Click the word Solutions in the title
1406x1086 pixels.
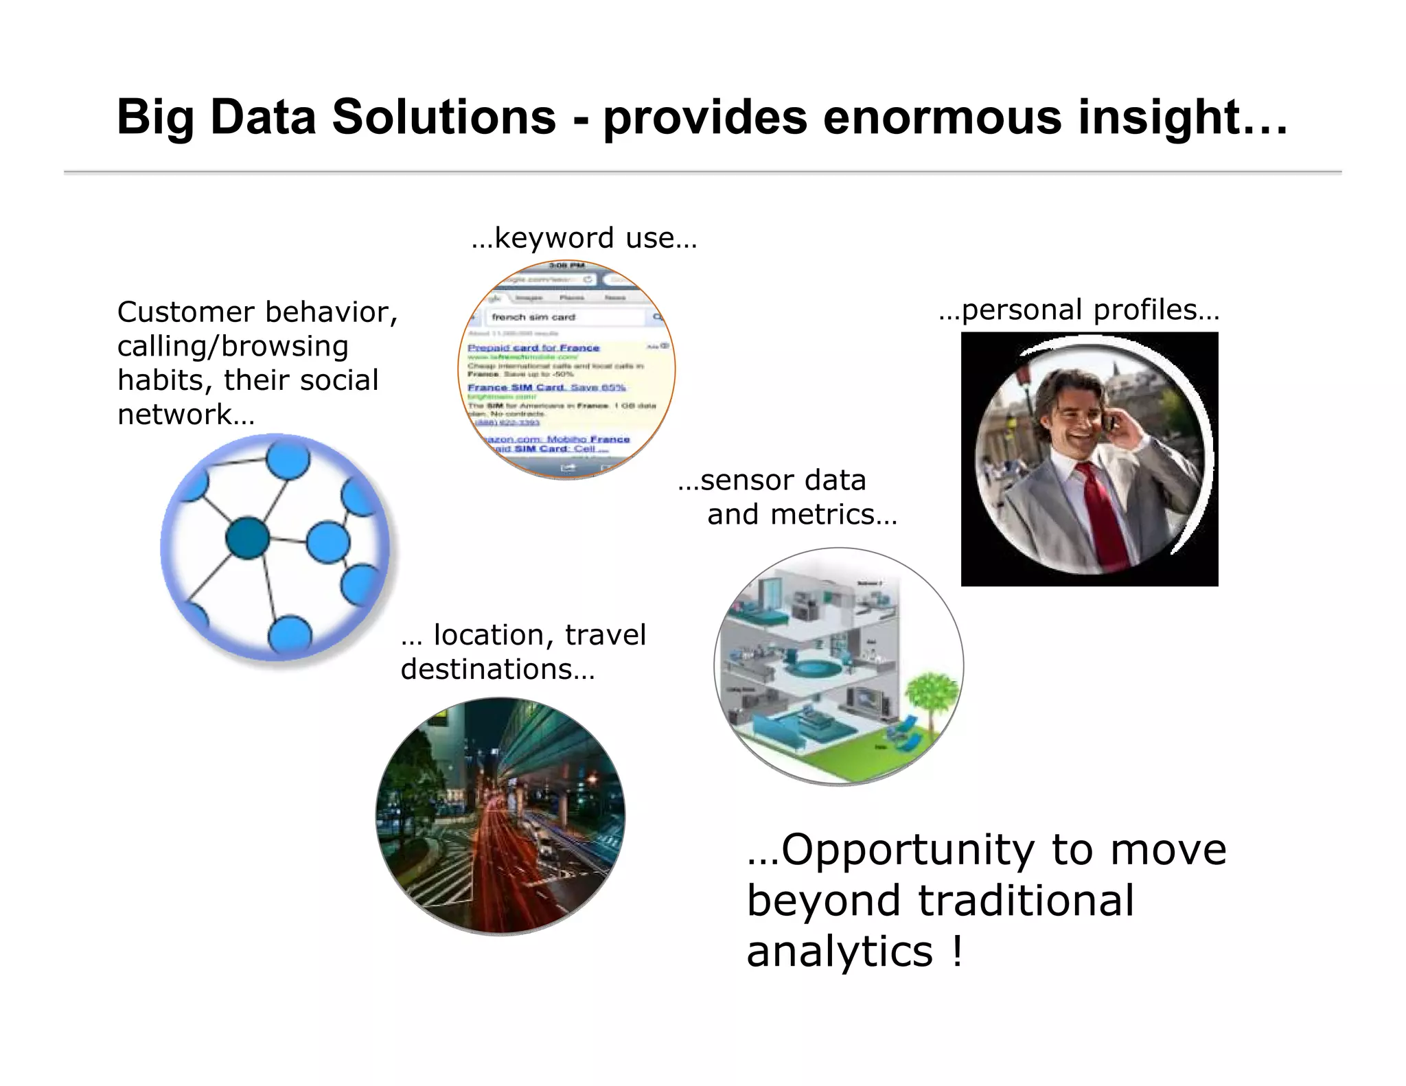coord(443,117)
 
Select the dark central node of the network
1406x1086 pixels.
coord(247,538)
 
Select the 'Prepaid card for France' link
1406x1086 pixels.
coord(533,348)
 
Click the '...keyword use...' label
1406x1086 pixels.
coord(584,238)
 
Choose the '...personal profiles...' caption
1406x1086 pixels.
coord(1079,310)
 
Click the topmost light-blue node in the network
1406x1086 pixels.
coord(288,459)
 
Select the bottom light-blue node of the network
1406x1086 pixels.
coord(290,635)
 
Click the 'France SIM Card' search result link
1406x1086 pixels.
coord(515,387)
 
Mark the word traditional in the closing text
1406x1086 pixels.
coord(1026,901)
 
